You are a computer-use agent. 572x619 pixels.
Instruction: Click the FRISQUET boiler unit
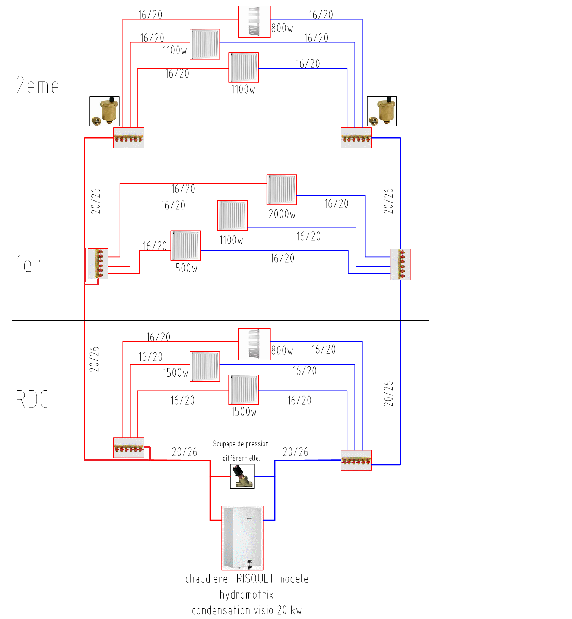tap(242, 537)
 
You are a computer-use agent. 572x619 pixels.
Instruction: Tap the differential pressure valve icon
tap(242, 476)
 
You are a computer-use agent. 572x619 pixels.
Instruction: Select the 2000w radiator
tap(282, 190)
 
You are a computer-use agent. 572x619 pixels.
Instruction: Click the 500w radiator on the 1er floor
tap(185, 246)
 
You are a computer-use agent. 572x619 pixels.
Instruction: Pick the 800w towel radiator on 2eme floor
tap(254, 22)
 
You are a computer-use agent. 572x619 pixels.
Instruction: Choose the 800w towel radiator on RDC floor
tap(254, 344)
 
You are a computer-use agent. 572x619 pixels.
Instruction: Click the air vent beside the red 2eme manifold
tap(104, 111)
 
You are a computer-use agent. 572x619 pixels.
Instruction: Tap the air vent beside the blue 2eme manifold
tap(382, 111)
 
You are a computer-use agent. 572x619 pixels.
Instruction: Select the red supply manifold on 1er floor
tap(98, 263)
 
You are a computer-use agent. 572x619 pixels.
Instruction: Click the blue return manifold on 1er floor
tap(400, 264)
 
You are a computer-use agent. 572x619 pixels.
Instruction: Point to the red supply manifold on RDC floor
tap(128, 448)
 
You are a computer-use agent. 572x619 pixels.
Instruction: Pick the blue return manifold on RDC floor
tap(356, 460)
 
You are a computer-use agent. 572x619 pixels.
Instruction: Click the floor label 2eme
tap(38, 86)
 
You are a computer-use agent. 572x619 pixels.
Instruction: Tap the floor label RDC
tap(32, 399)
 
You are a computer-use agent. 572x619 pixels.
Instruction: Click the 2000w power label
tap(282, 214)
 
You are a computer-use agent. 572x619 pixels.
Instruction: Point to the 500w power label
tap(186, 268)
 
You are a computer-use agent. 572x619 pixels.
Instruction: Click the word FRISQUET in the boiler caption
tap(252, 579)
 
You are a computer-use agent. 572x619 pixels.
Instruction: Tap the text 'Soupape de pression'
tap(241, 444)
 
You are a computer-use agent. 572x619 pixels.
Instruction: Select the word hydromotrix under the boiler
tap(247, 594)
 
